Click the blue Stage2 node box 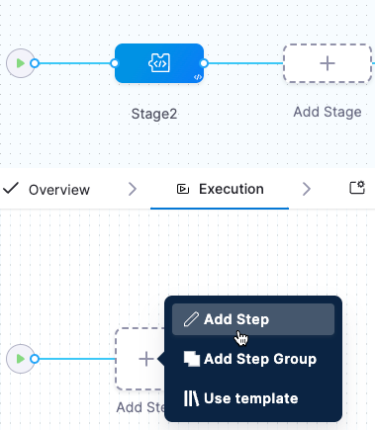[x=158, y=63]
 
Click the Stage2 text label [x=154, y=114]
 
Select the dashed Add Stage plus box [x=328, y=63]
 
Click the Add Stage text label [x=328, y=112]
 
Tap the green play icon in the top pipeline [x=19, y=63]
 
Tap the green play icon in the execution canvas [x=19, y=358]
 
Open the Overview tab [x=58, y=189]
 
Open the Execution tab [x=231, y=189]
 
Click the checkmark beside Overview [x=11, y=189]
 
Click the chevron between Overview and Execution [x=133, y=189]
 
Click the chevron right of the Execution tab [x=306, y=189]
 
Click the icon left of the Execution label [x=182, y=189]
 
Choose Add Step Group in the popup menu [x=259, y=359]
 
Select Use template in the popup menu [x=250, y=398]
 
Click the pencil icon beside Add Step [x=192, y=319]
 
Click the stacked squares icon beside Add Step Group [x=192, y=359]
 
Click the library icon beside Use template [x=192, y=398]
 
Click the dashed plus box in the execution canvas [x=144, y=358]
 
